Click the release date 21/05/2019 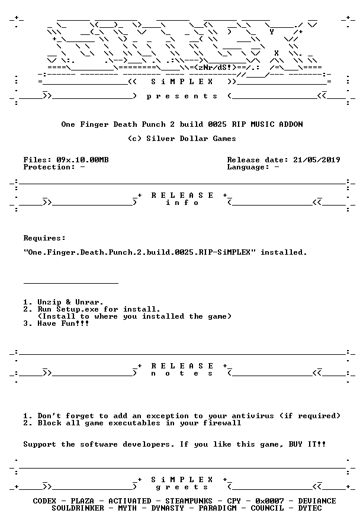(316, 160)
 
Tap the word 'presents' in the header (182, 97)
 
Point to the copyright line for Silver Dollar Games (182, 139)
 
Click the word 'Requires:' (44, 238)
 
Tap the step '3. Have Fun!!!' (56, 323)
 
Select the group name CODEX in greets (44, 501)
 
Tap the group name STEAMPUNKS (189, 501)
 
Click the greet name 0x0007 (269, 501)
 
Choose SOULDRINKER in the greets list (78, 508)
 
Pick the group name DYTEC (310, 508)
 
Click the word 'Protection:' (49, 167)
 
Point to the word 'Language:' (248, 167)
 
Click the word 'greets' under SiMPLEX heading (182, 487)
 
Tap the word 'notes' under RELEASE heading (182, 374)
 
